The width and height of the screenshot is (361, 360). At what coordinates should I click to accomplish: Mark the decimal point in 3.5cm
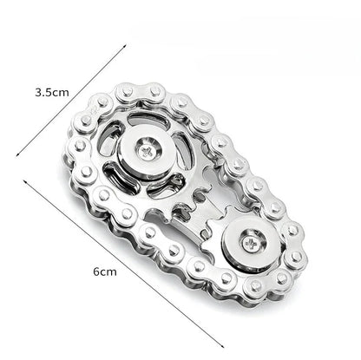43,92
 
